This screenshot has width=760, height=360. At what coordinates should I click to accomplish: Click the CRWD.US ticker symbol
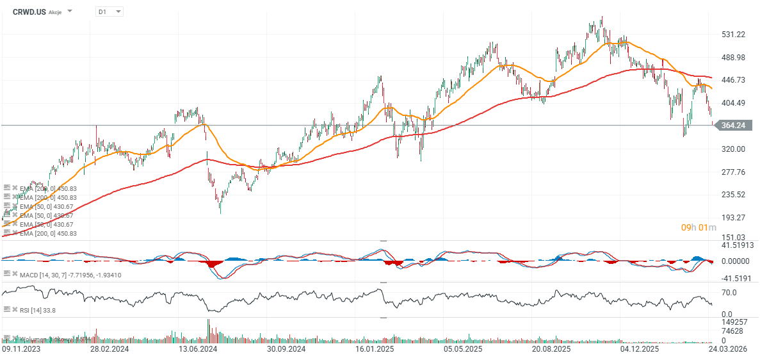click(x=29, y=12)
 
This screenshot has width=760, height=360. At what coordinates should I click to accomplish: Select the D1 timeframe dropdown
click(x=109, y=12)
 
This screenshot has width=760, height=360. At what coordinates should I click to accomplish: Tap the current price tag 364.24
click(x=732, y=126)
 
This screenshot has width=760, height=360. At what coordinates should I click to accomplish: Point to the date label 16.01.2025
click(x=375, y=349)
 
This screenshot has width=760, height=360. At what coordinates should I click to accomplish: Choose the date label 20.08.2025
click(x=551, y=349)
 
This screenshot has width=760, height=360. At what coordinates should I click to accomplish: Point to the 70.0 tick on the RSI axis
click(x=729, y=293)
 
